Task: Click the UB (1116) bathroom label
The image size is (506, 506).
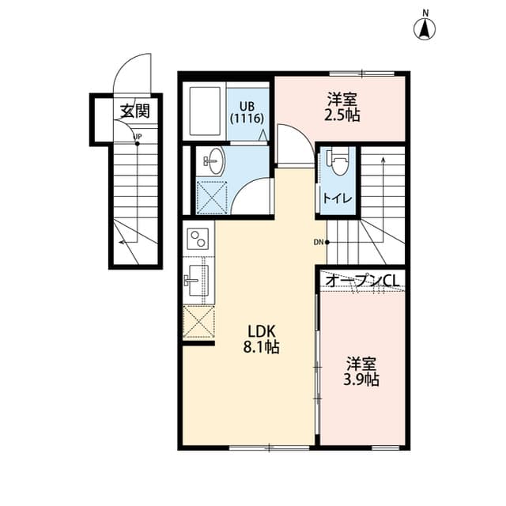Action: coord(247,111)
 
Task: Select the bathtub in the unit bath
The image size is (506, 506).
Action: coord(206,111)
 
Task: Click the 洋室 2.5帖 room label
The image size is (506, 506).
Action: coord(342,108)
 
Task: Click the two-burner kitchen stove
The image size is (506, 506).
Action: coord(197,238)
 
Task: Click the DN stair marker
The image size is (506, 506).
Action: coord(319,241)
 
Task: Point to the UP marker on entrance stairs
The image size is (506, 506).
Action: coord(138,138)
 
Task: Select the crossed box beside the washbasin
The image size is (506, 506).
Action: coord(211,198)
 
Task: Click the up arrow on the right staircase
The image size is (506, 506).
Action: coord(383,162)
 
